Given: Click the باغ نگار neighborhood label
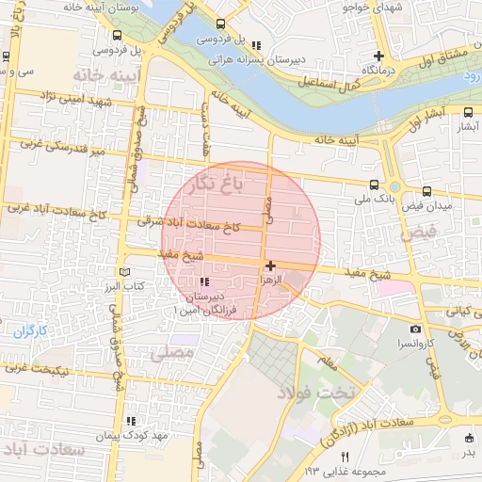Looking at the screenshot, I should [213, 183].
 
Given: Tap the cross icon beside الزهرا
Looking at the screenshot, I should [271, 266].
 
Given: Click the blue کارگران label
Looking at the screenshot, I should [30, 330].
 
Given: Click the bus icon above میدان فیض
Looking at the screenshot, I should [427, 190].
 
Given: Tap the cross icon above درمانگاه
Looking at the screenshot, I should [378, 56].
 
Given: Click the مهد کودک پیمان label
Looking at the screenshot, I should [129, 436].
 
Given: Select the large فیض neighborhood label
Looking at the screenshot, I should [419, 232].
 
